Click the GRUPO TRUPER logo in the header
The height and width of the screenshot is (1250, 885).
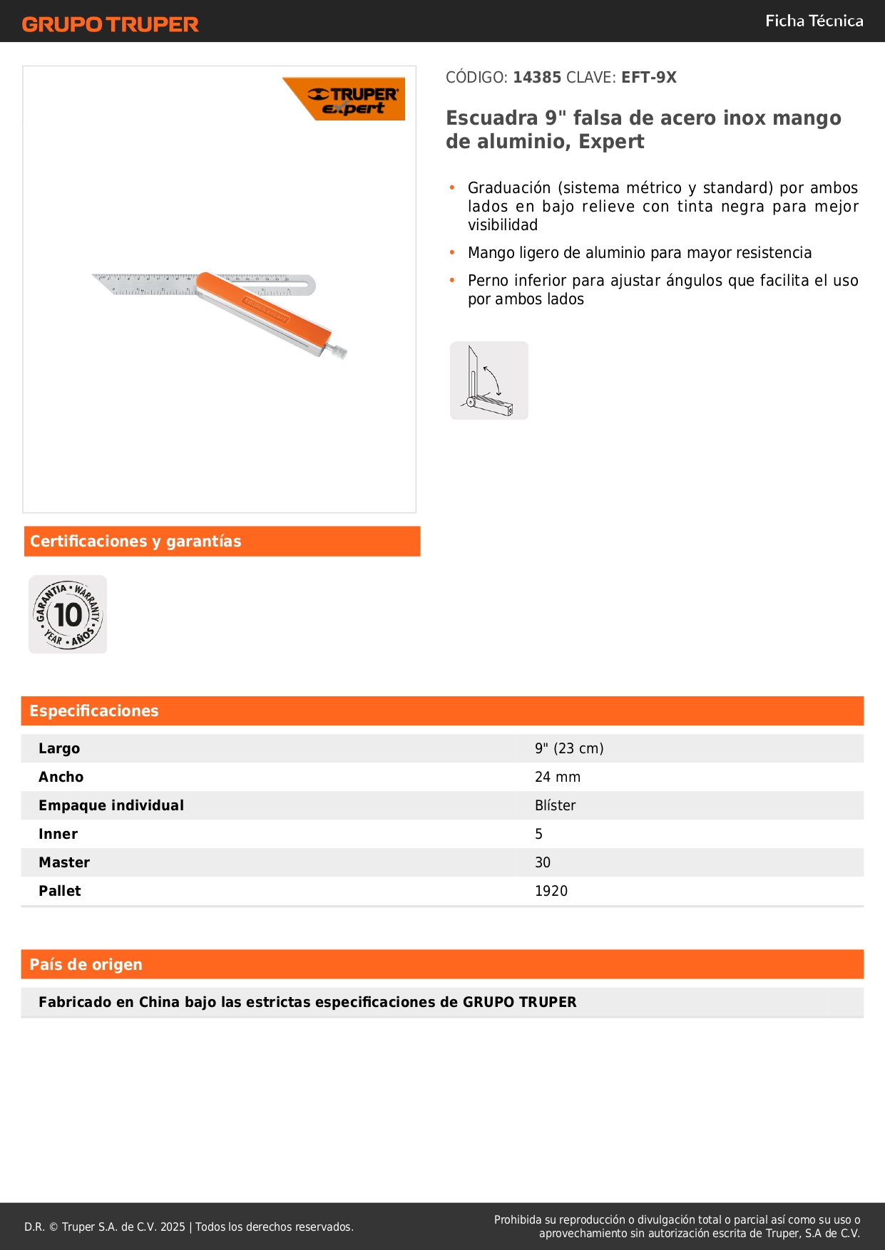(x=110, y=24)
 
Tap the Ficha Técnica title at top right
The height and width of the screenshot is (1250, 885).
(x=814, y=21)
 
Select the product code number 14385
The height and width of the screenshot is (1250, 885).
(x=537, y=77)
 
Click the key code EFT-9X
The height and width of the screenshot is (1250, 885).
(x=648, y=77)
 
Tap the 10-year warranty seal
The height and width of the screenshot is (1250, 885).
(x=68, y=614)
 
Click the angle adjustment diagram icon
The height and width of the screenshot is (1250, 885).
(x=489, y=381)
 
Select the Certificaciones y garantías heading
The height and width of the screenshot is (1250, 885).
(x=135, y=542)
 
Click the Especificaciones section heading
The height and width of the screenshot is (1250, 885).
(x=94, y=711)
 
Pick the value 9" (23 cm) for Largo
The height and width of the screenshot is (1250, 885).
(x=569, y=748)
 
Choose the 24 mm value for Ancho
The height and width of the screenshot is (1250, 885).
(x=558, y=777)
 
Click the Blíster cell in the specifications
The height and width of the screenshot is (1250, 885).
(x=555, y=805)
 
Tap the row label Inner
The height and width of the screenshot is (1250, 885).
(x=58, y=834)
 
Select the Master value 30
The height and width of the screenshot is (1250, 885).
(x=543, y=862)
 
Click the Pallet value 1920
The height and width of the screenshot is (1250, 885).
(x=551, y=891)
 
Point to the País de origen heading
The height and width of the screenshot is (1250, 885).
(x=86, y=965)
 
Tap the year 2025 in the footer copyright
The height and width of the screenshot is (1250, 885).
(x=173, y=1226)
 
